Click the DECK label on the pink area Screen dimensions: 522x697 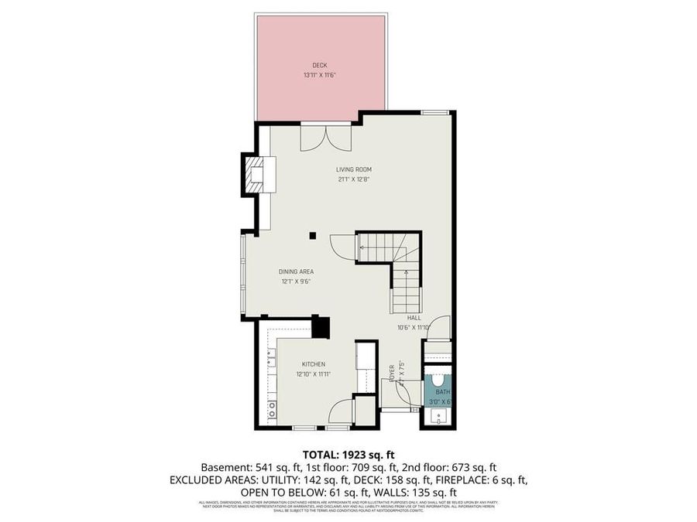[x=320, y=65]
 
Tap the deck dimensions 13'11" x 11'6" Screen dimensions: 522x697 [x=320, y=75]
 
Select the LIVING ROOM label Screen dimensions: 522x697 [x=354, y=169]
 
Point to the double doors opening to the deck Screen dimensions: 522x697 [x=326, y=137]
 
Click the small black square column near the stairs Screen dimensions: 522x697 [x=312, y=236]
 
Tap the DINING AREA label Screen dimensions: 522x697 [x=297, y=271]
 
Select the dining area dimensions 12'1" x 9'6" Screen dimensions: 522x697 [x=297, y=281]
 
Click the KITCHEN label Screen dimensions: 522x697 [x=314, y=364]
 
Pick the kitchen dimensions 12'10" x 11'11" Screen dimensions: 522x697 [x=314, y=374]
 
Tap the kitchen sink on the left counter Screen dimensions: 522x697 [x=273, y=357]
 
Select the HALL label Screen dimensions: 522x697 [x=414, y=317]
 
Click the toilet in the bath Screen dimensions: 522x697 [x=438, y=380]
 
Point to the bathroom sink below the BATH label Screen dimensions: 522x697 [x=439, y=417]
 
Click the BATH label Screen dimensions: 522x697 [x=441, y=392]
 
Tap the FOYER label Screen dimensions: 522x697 [x=393, y=371]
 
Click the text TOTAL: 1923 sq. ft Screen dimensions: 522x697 [x=348, y=454]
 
